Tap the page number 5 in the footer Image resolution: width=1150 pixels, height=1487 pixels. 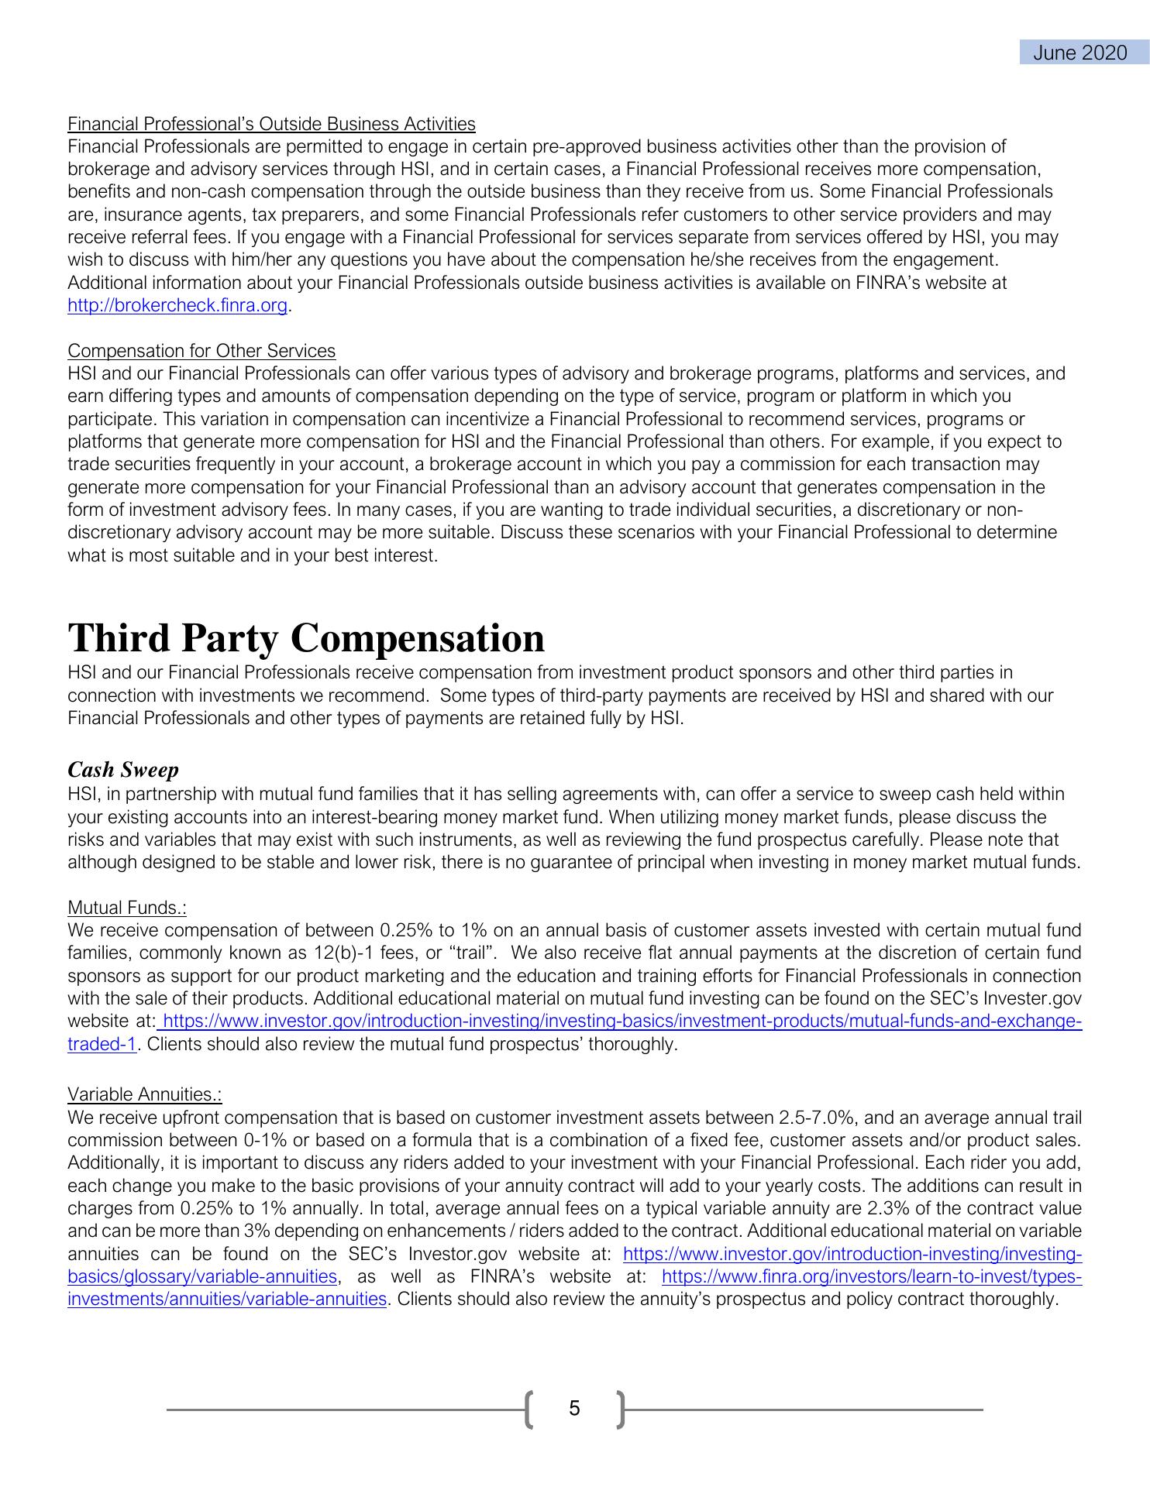click(574, 1408)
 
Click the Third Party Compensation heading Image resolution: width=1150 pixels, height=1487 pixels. click(306, 638)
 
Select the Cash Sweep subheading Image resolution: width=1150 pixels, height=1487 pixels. click(123, 770)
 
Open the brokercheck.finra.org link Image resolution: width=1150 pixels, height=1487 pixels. click(177, 306)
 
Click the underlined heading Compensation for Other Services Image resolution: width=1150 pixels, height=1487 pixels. click(201, 351)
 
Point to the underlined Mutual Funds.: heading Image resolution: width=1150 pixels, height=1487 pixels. click(127, 907)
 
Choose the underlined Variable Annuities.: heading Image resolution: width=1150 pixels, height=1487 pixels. click(145, 1094)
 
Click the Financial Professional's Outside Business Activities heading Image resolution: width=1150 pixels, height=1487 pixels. click(271, 124)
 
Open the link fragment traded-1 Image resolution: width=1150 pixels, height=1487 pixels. click(102, 1044)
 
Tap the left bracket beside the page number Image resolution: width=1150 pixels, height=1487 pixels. click(529, 1409)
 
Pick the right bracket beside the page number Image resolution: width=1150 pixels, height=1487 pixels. click(620, 1409)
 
